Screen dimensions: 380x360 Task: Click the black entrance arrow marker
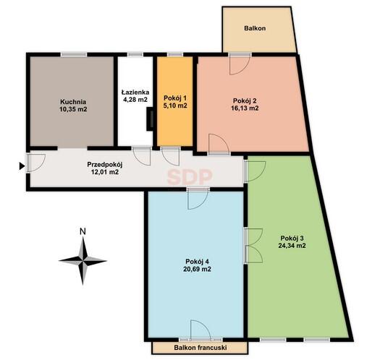click(22, 166)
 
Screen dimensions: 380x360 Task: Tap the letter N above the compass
click(83, 231)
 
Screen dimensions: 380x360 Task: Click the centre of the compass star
click(83, 261)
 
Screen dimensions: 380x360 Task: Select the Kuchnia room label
click(73, 102)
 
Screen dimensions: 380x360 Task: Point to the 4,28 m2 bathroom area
click(135, 100)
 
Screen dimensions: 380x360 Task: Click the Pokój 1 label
click(175, 98)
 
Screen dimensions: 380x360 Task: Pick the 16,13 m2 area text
click(245, 108)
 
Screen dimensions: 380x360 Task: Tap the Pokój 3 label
click(292, 238)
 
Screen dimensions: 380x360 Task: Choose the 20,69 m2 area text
click(197, 269)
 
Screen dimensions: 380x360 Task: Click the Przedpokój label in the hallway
click(105, 165)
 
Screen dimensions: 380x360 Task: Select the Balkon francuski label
click(200, 348)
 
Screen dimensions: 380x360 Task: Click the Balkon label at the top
click(255, 28)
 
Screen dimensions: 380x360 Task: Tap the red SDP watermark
click(190, 177)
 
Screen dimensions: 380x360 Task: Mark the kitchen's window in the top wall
click(74, 54)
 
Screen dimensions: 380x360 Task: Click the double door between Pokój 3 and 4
click(253, 245)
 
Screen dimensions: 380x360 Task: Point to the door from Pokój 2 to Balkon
click(240, 64)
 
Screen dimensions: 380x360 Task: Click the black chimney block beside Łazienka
click(150, 119)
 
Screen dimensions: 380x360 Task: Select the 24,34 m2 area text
click(292, 246)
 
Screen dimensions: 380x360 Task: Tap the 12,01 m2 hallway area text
click(105, 172)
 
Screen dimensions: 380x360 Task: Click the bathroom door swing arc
click(142, 156)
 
